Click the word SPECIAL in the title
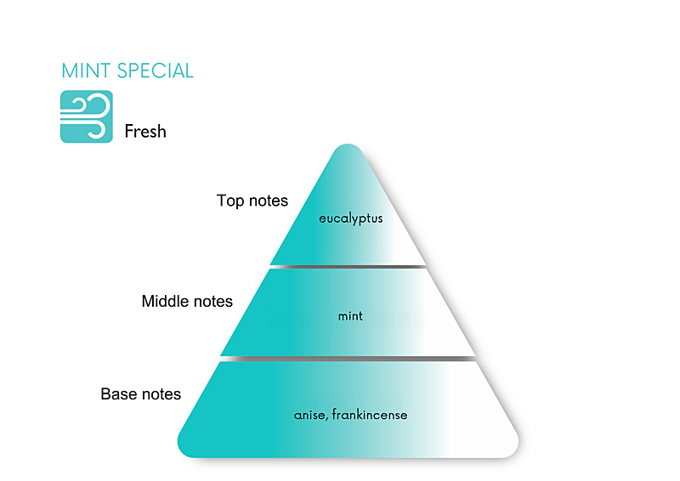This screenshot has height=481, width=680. (156, 71)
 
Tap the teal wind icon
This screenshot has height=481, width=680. (86, 116)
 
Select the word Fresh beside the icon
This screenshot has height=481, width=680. (145, 132)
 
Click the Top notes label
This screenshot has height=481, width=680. (252, 201)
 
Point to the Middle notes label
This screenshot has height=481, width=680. (187, 302)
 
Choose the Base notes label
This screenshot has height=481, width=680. (141, 394)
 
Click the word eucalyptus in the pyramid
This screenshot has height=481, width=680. (351, 218)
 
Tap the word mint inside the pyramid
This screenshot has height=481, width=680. (350, 316)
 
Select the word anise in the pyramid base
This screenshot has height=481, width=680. (310, 416)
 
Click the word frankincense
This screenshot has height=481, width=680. (370, 416)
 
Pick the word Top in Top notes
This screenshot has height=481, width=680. (229, 201)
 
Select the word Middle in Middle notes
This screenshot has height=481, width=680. (164, 302)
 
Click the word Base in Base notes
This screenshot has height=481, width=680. (117, 394)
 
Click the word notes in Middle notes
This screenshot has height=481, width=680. (212, 302)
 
